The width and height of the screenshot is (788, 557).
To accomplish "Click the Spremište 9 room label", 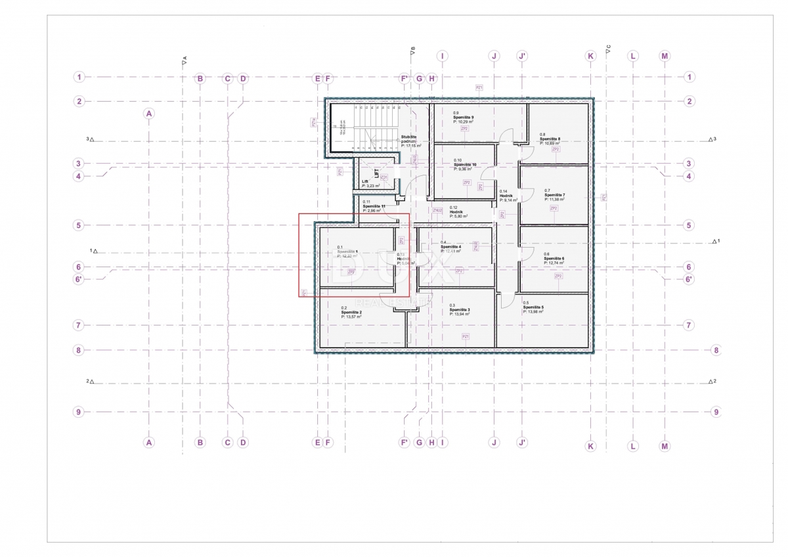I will (x=464, y=117).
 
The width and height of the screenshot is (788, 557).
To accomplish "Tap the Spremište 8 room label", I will (x=550, y=139).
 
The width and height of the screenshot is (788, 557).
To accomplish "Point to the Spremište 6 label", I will (x=554, y=259).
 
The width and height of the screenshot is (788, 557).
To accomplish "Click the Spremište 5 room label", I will (x=533, y=307).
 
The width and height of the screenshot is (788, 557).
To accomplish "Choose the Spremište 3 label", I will (x=460, y=309).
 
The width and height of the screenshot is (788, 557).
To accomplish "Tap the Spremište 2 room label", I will (x=352, y=312).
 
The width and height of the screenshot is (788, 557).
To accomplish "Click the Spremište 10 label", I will (x=465, y=164).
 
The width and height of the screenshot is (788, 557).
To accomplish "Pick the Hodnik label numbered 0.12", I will (x=458, y=212).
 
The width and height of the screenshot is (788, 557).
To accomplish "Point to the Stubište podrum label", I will (x=409, y=137).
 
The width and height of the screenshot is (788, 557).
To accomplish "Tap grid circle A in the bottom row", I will (x=149, y=443).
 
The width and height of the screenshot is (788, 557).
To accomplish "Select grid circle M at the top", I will (x=665, y=56).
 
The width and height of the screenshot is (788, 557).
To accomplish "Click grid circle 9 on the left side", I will (x=78, y=412).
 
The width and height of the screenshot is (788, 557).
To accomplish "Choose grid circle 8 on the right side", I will (x=716, y=351).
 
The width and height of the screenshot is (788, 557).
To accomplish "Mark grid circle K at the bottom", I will (x=590, y=446).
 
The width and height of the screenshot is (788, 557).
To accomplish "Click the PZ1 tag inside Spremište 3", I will (x=466, y=336).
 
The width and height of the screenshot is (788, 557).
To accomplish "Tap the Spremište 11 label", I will (x=373, y=206).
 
